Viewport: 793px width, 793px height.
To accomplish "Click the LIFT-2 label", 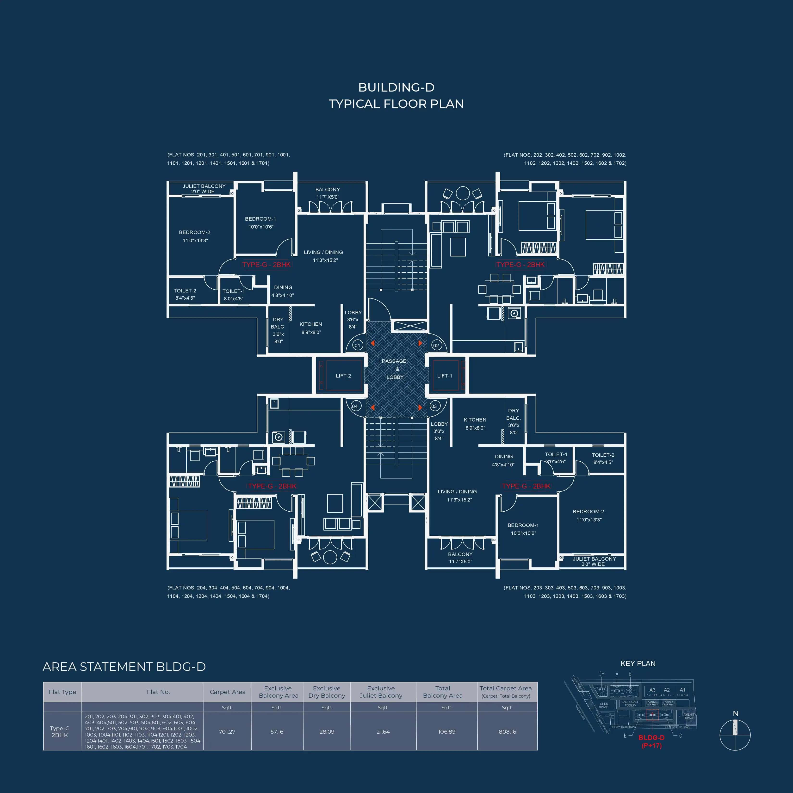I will pyautogui.click(x=343, y=376).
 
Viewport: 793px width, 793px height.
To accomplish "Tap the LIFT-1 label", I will pyautogui.click(x=445, y=376).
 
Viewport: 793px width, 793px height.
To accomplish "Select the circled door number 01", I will pyautogui.click(x=357, y=345).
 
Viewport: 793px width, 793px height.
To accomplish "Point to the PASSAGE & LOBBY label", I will pyautogui.click(x=394, y=369).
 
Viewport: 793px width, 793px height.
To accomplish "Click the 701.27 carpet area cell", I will pyautogui.click(x=227, y=731).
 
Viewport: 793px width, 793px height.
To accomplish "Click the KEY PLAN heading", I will pyautogui.click(x=638, y=664).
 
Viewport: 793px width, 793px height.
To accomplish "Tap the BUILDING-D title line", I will pyautogui.click(x=396, y=87).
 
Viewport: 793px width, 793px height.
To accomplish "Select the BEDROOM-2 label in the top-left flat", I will pyautogui.click(x=195, y=232).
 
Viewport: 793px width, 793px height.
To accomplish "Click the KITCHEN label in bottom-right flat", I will pyautogui.click(x=475, y=420).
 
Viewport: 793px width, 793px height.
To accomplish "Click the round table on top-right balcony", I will pyautogui.click(x=463, y=193).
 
